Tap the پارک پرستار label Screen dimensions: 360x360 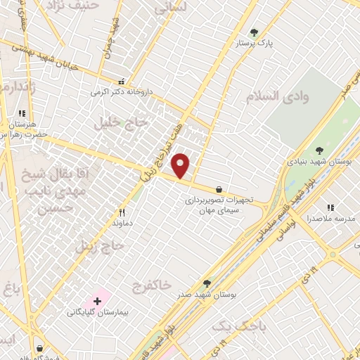(254, 44)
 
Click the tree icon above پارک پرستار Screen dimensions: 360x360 (254, 32)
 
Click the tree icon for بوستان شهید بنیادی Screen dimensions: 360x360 (319, 150)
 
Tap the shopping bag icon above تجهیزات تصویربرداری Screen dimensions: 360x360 (219, 189)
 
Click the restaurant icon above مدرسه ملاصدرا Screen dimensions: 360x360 (330, 207)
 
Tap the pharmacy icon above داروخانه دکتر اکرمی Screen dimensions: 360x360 (122, 81)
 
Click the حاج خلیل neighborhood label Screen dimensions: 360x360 (127, 122)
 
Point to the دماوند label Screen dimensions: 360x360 (122, 223)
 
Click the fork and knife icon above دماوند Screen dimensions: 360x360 (122, 212)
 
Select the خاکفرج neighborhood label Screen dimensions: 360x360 (151, 284)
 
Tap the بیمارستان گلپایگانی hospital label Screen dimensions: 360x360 (97, 311)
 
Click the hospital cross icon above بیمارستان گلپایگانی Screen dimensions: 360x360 (97, 301)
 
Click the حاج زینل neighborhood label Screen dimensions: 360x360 (100, 246)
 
